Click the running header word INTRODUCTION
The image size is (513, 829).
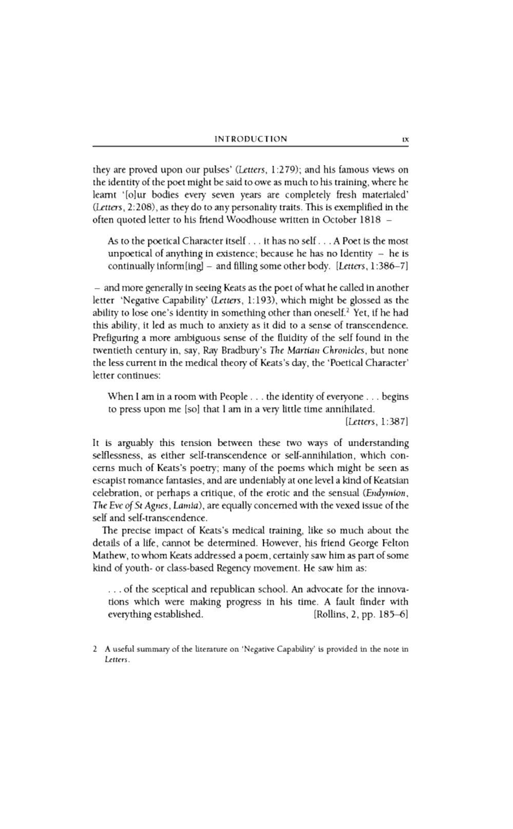(251, 139)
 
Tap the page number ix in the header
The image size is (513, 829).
(405, 139)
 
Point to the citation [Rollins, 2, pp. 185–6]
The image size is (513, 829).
(360, 614)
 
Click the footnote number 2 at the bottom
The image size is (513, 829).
(95, 649)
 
